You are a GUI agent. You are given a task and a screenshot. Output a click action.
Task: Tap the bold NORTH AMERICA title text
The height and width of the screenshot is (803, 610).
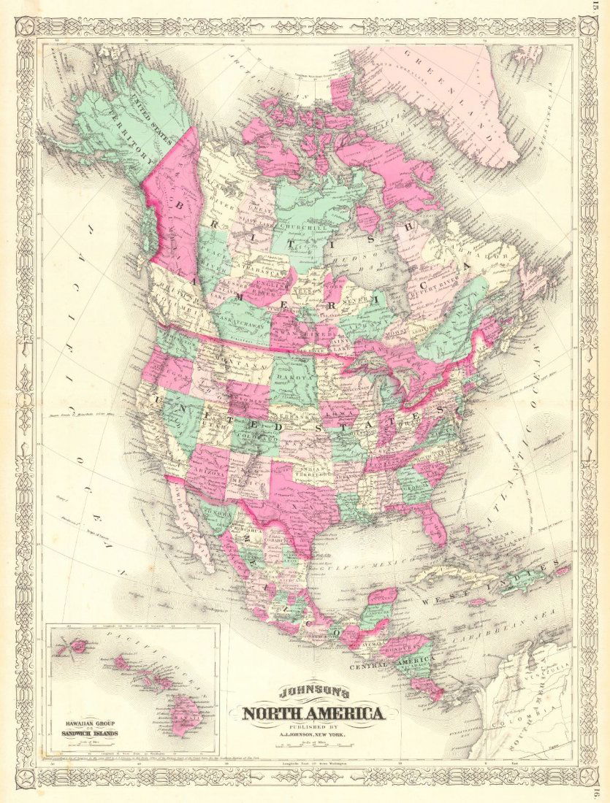coord(312,713)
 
